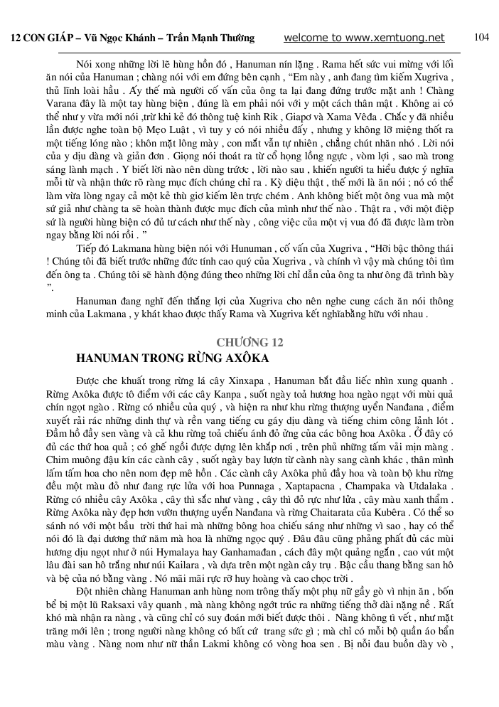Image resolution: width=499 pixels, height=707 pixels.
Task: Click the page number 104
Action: pos(481,37)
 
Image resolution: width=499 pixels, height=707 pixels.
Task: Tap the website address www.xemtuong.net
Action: pos(395,38)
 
